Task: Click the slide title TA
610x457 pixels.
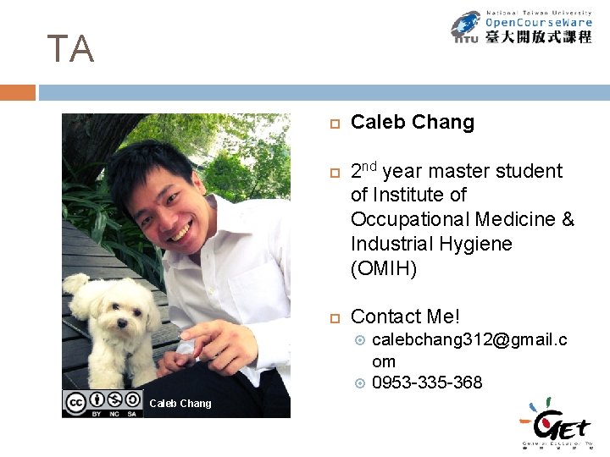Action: point(70,49)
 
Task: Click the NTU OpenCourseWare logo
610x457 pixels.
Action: point(520,26)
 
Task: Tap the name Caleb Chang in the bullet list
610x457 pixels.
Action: point(412,123)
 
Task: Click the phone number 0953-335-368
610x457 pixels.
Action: point(427,383)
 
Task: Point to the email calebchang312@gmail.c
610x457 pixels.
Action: point(469,340)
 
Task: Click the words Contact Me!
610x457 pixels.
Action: point(405,317)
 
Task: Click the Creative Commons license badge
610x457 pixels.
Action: point(105,403)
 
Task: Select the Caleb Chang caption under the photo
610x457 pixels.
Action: point(180,404)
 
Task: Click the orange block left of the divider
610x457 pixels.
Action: point(17,92)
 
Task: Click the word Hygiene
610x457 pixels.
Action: point(477,244)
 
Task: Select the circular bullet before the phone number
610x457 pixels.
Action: point(359,383)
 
